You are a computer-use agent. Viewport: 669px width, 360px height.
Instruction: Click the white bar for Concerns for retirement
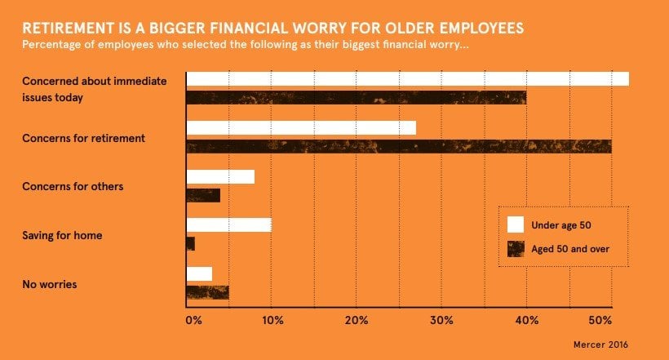click(301, 128)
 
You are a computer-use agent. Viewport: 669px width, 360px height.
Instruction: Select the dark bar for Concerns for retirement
click(398, 147)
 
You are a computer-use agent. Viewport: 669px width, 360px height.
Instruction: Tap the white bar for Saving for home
click(228, 225)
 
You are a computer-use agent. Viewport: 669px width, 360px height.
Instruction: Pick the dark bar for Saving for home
click(191, 243)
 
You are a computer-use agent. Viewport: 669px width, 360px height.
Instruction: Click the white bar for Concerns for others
click(220, 176)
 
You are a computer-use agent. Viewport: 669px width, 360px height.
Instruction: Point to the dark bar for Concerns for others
click(203, 195)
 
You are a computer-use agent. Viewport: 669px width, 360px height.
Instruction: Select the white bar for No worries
click(199, 274)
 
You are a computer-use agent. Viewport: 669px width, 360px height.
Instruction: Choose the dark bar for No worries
click(207, 292)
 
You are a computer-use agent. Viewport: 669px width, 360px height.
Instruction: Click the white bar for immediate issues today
click(407, 79)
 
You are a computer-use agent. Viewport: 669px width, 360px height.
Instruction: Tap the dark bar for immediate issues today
click(356, 98)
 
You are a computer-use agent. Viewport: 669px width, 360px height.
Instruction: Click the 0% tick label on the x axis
click(193, 319)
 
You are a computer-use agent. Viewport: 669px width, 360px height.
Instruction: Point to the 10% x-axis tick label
click(272, 319)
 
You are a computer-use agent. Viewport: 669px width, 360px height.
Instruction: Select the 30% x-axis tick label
click(441, 319)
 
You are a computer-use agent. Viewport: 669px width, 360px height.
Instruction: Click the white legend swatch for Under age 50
click(516, 224)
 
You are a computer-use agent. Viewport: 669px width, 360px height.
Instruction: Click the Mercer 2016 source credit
click(601, 344)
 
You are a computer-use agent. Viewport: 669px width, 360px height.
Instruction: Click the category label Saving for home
click(62, 236)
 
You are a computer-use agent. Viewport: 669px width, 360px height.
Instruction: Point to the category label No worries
click(50, 285)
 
